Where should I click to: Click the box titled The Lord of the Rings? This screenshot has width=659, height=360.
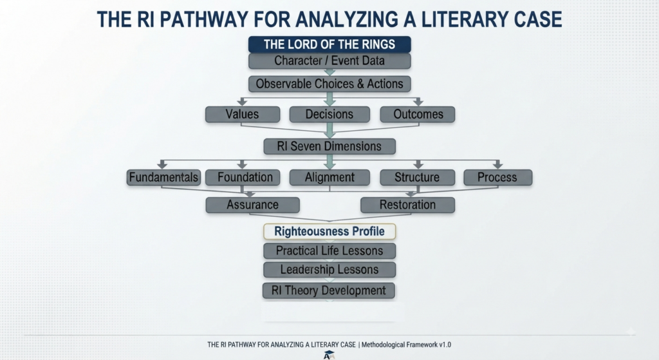click(x=329, y=44)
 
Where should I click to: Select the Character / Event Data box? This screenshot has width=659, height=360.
click(x=329, y=61)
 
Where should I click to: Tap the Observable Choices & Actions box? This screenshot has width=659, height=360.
click(x=329, y=84)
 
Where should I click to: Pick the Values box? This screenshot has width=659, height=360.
click(x=243, y=114)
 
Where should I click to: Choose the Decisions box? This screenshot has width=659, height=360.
click(x=329, y=114)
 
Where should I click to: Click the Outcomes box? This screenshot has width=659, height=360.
click(x=418, y=114)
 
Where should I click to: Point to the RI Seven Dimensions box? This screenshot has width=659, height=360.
click(x=329, y=146)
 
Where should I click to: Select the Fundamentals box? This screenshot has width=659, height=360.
click(x=163, y=178)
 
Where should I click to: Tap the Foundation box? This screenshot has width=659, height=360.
click(x=245, y=178)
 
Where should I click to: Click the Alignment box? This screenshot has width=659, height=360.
click(x=329, y=178)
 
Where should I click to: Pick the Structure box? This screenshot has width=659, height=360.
click(x=417, y=178)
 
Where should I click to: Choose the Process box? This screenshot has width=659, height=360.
click(x=497, y=178)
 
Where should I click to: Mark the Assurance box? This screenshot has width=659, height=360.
click(x=252, y=205)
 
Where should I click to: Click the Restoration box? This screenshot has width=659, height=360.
click(x=407, y=205)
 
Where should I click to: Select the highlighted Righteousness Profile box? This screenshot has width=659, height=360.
click(x=329, y=231)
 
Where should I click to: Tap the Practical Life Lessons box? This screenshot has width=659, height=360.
click(x=329, y=251)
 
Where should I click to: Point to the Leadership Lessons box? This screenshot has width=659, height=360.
click(x=329, y=270)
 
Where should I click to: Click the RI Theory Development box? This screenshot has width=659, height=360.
click(x=329, y=290)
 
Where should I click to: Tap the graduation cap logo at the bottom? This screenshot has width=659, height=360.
click(x=329, y=355)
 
